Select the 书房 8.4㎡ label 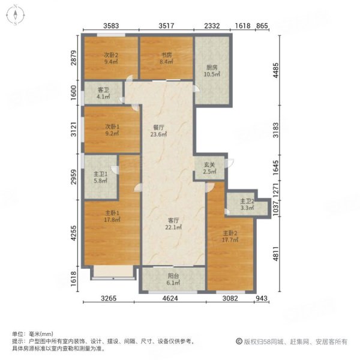(x=166, y=58)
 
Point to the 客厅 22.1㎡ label (x=173, y=223)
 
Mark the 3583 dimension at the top (x=112, y=25)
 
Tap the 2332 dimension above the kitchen (x=212, y=25)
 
